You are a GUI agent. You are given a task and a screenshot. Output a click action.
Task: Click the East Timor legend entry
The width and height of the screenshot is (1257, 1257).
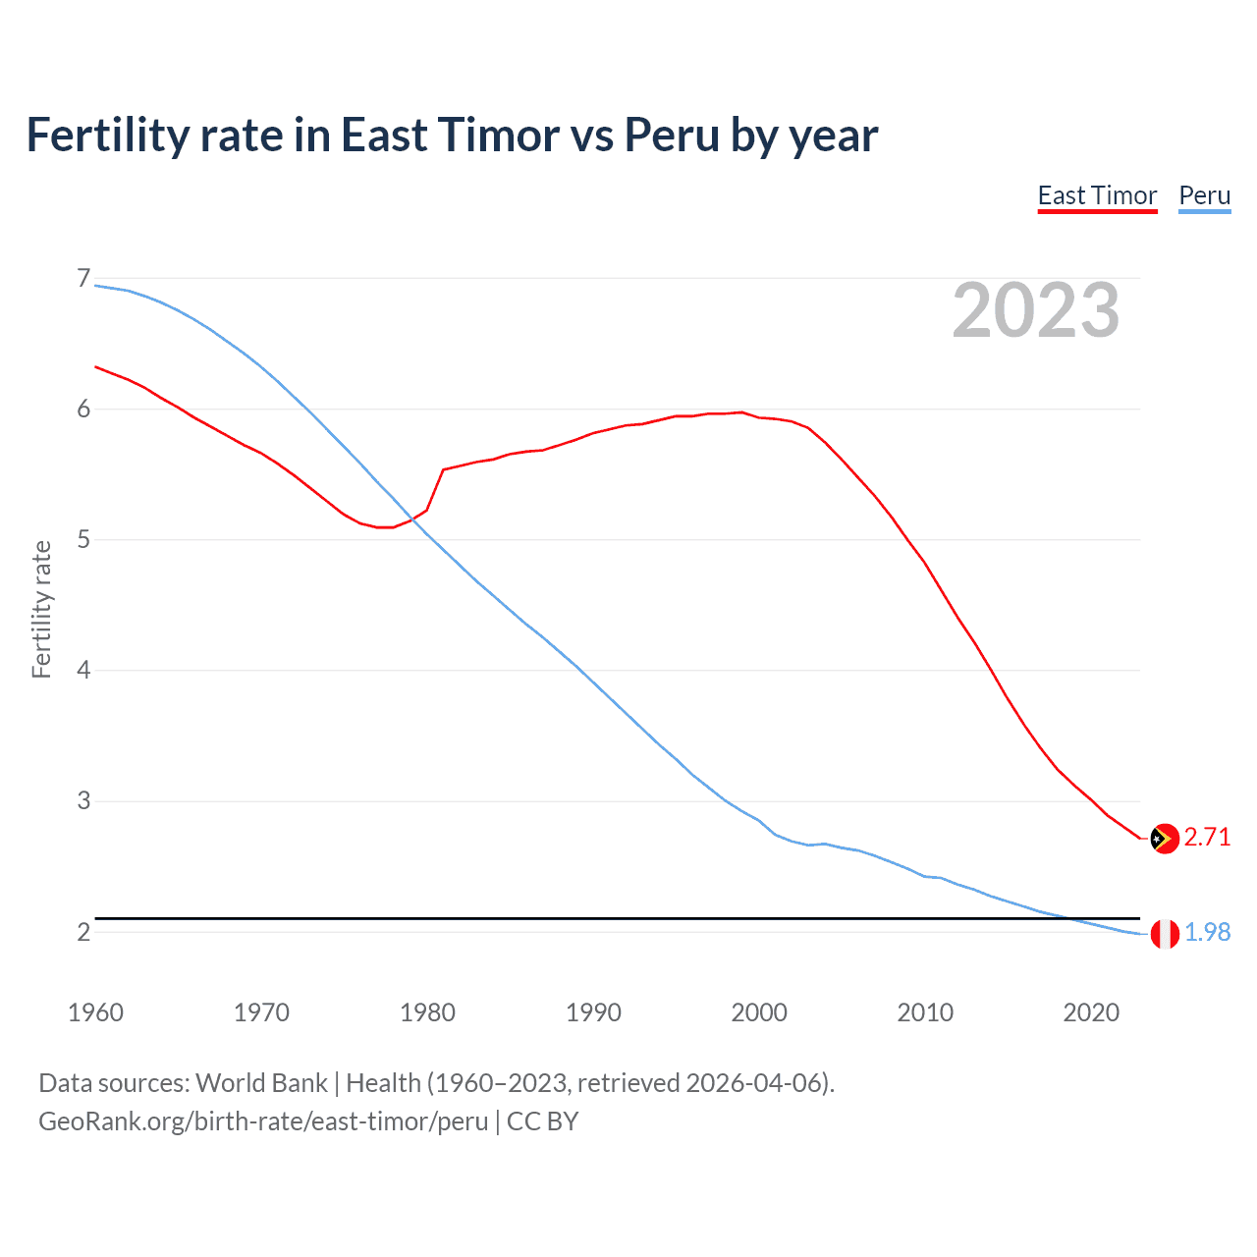tap(1097, 195)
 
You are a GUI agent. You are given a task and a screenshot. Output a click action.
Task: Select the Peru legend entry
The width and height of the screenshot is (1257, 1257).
tap(1204, 195)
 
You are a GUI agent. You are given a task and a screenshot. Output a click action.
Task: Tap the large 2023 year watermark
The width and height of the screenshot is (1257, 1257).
tap(1035, 310)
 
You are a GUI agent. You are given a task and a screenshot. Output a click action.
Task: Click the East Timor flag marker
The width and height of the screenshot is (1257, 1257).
tap(1164, 838)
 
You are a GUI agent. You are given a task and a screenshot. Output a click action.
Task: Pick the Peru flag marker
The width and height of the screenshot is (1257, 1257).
tap(1164, 933)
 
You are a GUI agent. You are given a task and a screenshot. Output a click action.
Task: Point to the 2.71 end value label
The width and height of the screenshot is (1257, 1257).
tap(1207, 837)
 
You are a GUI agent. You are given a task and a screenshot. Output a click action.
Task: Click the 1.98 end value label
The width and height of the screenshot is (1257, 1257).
tap(1207, 932)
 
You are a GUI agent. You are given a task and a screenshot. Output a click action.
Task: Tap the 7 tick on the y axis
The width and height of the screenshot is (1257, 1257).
tap(83, 279)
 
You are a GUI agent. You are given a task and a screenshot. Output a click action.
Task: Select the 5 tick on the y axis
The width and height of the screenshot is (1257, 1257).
tap(83, 540)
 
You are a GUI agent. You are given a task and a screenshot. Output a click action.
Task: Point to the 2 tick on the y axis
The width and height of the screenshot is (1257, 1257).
tap(83, 932)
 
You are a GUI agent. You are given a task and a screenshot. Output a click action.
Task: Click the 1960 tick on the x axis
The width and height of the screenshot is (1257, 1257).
tap(95, 1012)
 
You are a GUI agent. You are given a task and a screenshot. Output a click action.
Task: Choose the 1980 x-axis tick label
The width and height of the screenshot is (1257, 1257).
tap(427, 1012)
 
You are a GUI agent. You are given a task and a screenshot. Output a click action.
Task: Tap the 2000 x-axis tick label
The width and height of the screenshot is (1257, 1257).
tap(759, 1012)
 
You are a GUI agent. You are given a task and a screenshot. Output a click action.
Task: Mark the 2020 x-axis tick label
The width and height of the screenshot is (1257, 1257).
tap(1091, 1012)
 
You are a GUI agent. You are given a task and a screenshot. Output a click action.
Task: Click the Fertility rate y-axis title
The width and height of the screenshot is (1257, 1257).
tap(41, 609)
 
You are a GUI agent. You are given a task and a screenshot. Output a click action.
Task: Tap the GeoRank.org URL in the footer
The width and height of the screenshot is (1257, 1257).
tap(263, 1121)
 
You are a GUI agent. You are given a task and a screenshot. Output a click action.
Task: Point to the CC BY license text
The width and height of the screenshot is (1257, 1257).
tap(542, 1121)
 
